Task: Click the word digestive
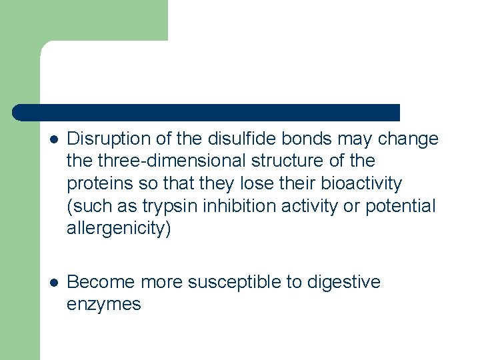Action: coord(343,282)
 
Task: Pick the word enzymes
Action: coord(103,305)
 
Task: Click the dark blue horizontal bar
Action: coord(207,112)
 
